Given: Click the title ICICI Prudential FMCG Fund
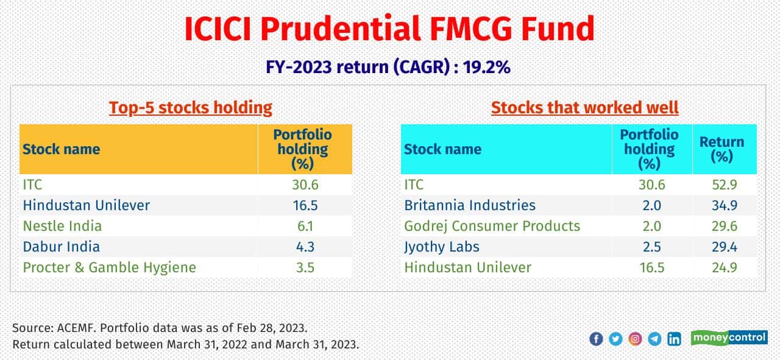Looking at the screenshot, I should pyautogui.click(x=389, y=29).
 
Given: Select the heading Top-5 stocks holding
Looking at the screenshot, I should pyautogui.click(x=190, y=108).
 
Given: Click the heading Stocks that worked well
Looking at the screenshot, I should pyautogui.click(x=584, y=108).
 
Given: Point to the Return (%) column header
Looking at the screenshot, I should pyautogui.click(x=721, y=149).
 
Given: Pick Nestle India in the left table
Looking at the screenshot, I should pyautogui.click(x=62, y=226).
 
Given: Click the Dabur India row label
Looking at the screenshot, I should pyautogui.click(x=61, y=247).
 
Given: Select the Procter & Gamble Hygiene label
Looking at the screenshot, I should pyautogui.click(x=110, y=267).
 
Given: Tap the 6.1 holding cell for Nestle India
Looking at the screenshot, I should pyautogui.click(x=305, y=226).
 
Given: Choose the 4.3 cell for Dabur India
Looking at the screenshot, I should pyautogui.click(x=305, y=247).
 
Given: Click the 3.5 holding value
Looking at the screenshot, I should pyautogui.click(x=305, y=267).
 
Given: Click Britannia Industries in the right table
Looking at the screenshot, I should pyautogui.click(x=470, y=205).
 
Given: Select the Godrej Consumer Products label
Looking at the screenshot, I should pyautogui.click(x=492, y=226).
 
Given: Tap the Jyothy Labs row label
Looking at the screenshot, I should pyautogui.click(x=442, y=247).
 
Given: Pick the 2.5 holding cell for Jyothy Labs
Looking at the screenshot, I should pyautogui.click(x=651, y=247).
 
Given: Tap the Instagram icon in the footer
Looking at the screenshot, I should pyautogui.click(x=635, y=339).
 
